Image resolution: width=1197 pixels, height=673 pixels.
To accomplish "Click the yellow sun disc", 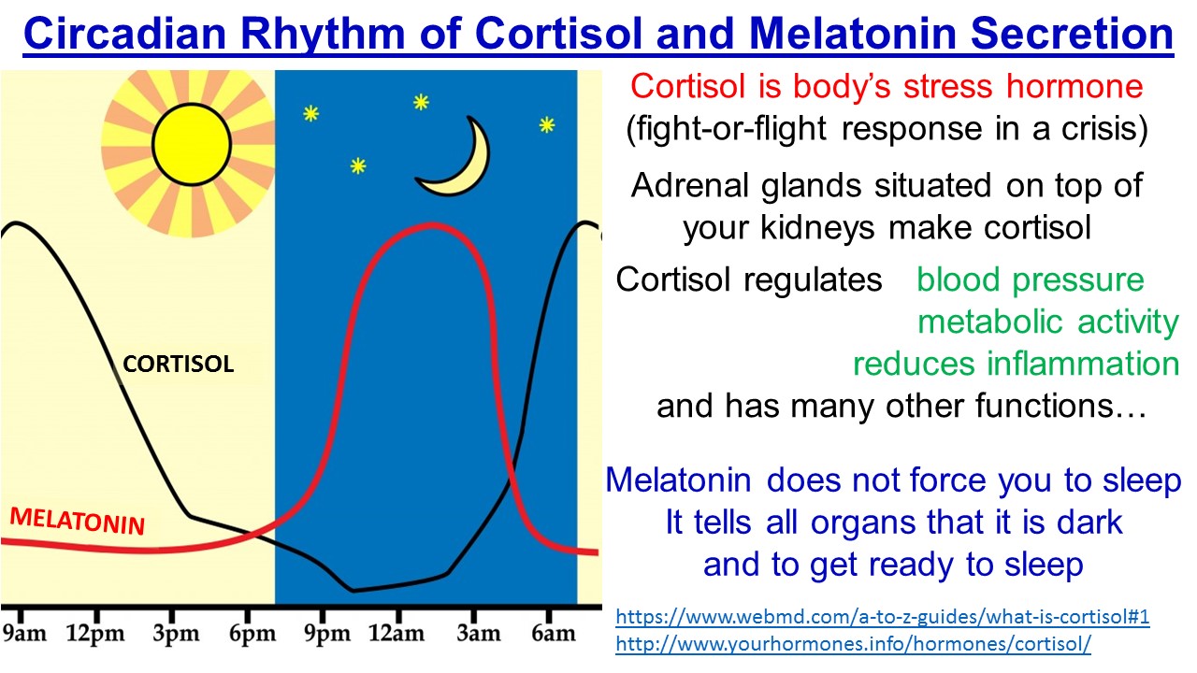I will [191, 143].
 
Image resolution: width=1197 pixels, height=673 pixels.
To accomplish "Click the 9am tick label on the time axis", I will [25, 634].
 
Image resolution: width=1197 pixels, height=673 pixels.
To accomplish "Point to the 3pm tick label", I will [178, 634].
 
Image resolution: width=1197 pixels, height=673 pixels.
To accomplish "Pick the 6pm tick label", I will [252, 634].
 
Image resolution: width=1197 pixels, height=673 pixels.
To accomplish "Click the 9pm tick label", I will [327, 634].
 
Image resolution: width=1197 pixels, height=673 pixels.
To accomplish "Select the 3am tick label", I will [478, 634].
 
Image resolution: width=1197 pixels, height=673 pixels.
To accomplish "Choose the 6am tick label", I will [553, 634].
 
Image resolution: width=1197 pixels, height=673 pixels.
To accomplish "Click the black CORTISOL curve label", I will [179, 365].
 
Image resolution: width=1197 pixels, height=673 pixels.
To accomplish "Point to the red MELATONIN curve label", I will [77, 521].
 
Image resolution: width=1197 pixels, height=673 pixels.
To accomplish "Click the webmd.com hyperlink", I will [882, 617].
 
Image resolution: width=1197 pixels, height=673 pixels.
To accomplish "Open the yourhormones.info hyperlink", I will [853, 644].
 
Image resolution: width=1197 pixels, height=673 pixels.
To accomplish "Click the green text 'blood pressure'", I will [1031, 279].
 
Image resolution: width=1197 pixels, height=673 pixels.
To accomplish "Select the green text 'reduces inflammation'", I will [1016, 363].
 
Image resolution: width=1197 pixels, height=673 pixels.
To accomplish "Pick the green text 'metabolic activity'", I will [1047, 322].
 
